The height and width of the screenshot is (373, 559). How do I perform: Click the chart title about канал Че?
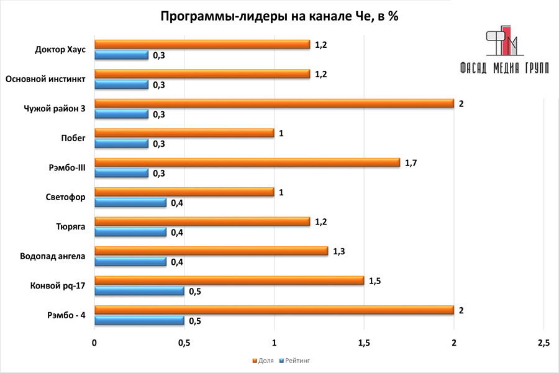coord(279,17)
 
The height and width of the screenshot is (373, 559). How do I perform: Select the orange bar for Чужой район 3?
coord(273,103)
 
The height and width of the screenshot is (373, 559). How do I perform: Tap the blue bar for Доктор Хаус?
coord(121,55)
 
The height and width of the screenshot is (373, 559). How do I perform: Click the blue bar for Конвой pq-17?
coord(139,291)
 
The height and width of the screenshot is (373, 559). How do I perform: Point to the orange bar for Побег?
coord(184,133)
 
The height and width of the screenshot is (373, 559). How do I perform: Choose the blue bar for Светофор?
coord(130,203)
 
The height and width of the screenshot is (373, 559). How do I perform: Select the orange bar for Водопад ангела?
coord(211,251)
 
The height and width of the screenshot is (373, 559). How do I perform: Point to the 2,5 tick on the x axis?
coord(543,343)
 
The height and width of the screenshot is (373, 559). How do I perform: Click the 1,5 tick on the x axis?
coord(364,343)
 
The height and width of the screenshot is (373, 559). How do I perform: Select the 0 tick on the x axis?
coord(94,343)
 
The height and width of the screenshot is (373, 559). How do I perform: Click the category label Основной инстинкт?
coord(44,80)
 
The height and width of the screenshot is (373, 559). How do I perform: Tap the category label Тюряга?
coord(70,227)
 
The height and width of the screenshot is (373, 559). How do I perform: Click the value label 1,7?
coord(411,162)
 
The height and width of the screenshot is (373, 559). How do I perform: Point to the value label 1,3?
coord(339,251)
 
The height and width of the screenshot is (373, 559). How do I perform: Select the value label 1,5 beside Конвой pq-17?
coord(375,280)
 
